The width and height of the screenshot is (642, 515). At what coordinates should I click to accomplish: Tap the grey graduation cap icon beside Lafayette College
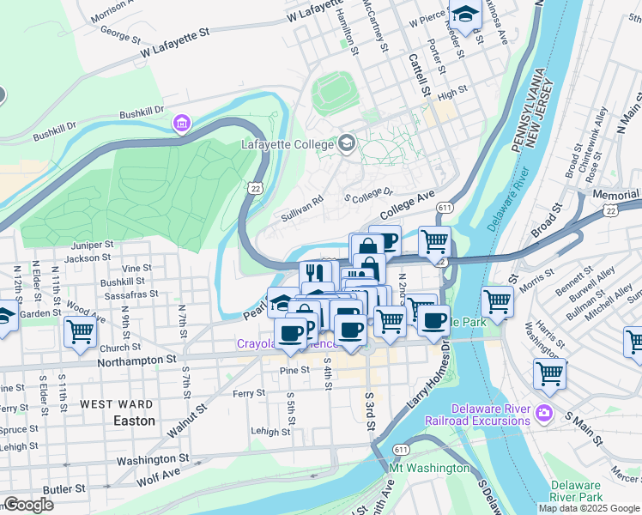click(347, 142)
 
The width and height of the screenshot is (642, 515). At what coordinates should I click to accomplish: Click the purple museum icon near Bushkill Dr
click(181, 124)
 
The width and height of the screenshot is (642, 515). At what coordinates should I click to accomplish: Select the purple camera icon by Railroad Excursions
click(543, 415)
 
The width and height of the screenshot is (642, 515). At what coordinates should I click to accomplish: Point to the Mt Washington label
click(429, 468)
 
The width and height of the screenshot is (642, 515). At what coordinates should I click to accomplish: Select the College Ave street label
click(407, 204)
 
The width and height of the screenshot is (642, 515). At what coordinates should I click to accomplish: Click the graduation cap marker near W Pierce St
click(466, 15)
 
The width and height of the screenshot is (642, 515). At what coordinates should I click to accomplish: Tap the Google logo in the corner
click(28, 505)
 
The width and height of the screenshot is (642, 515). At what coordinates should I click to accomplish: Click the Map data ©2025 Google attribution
click(589, 508)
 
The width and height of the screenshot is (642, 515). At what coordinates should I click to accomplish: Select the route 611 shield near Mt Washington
click(400, 449)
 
